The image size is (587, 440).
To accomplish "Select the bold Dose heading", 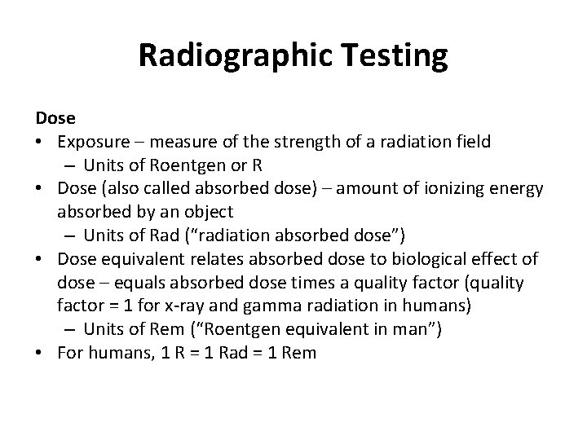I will pyautogui.click(x=54, y=119).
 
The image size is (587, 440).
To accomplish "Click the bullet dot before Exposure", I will pyautogui.click(x=40, y=143).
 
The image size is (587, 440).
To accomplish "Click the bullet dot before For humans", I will pyautogui.click(x=40, y=353).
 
